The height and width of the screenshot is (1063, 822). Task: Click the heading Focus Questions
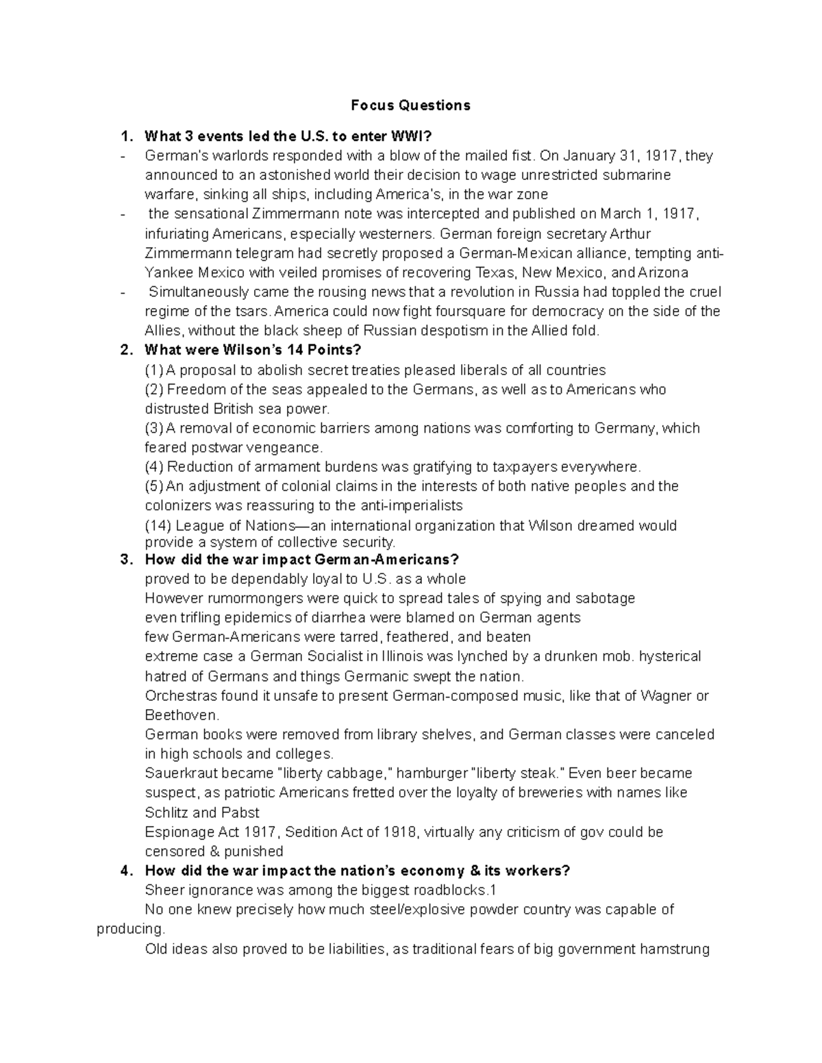[x=410, y=105]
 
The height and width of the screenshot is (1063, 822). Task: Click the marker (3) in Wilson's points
[x=154, y=428]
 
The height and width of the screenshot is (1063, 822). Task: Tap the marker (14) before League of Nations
[x=158, y=526]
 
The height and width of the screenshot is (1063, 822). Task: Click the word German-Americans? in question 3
[x=401, y=559]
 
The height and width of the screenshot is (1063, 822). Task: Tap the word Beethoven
[x=182, y=715]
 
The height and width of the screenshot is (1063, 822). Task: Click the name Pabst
[x=240, y=813]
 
